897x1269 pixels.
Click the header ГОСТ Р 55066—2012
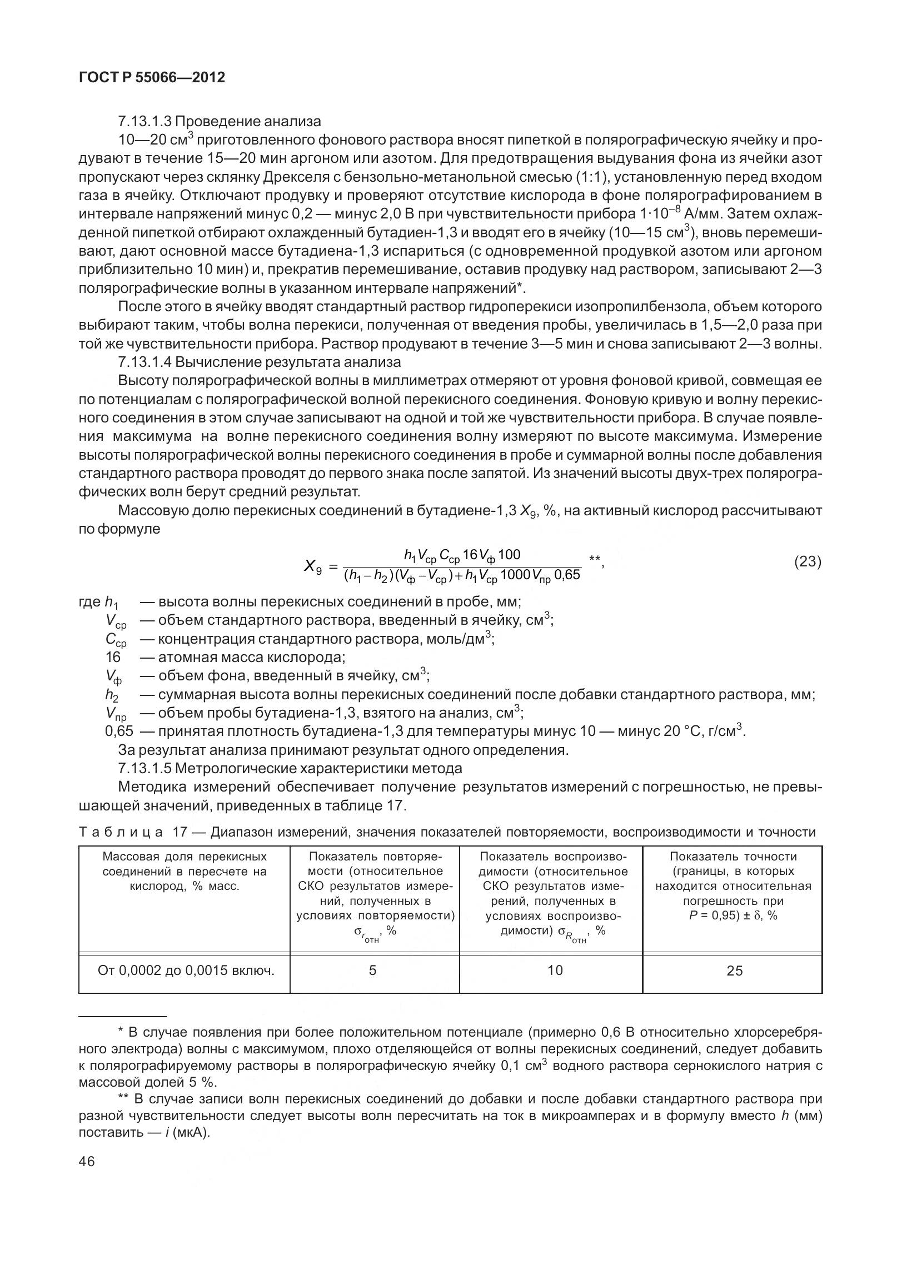pyautogui.click(x=152, y=78)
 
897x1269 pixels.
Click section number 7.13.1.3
pyautogui.click(x=146, y=121)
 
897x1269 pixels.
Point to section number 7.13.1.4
pyautogui.click(x=146, y=362)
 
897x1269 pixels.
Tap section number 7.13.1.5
pyautogui.click(x=146, y=769)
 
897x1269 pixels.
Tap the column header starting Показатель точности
pyautogui.click(x=732, y=885)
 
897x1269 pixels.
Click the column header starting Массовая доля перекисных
pyautogui.click(x=185, y=871)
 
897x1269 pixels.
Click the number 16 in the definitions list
pyautogui.click(x=113, y=658)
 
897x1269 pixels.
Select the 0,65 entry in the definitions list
pyautogui.click(x=119, y=731)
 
